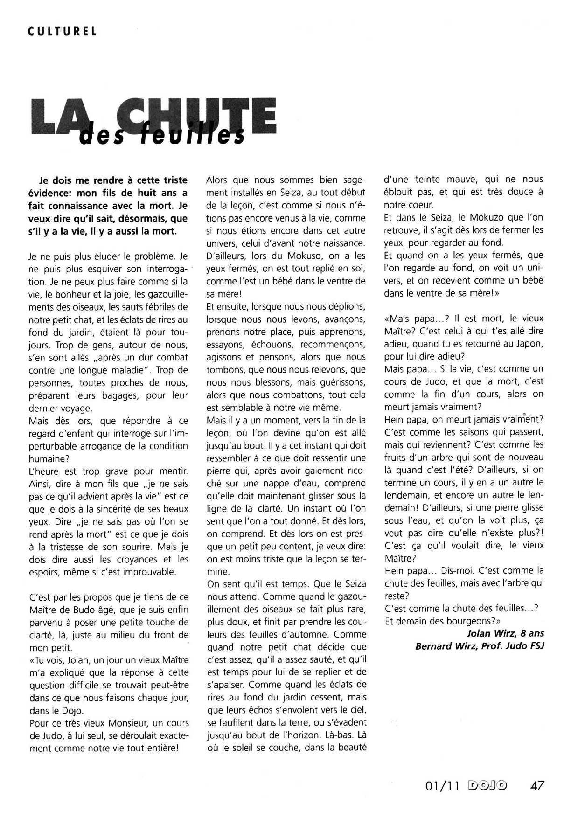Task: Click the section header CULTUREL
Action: point(62,31)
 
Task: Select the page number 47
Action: point(537,786)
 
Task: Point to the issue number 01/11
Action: point(442,786)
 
